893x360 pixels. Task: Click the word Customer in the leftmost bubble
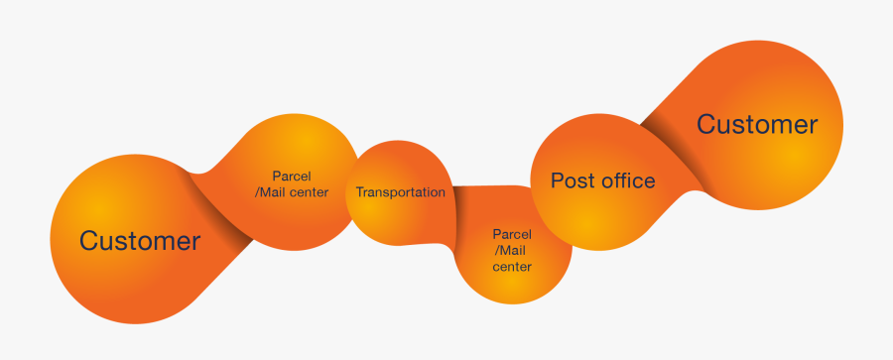pos(140,240)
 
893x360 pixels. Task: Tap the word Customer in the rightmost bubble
pos(757,124)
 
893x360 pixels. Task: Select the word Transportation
pos(401,192)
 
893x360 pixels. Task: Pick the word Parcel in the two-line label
pos(292,177)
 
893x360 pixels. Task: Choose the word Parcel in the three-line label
pos(512,234)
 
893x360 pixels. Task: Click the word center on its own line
pos(512,267)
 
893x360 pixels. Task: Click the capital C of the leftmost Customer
pos(89,240)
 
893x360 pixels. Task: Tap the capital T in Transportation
pos(359,192)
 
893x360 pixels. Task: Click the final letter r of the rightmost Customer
pos(813,125)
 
